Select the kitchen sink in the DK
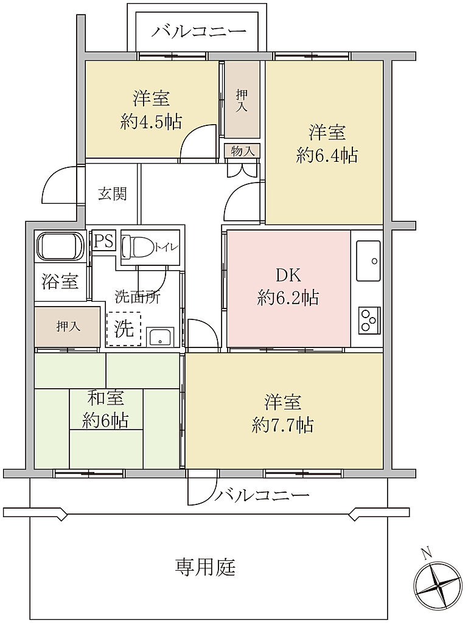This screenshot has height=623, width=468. (368, 260)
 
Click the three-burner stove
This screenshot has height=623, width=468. (370, 320)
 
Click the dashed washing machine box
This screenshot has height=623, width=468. (124, 329)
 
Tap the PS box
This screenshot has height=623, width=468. (104, 241)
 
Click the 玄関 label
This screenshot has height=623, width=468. (113, 194)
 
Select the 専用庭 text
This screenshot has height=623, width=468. (205, 567)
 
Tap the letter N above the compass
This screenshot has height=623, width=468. (426, 554)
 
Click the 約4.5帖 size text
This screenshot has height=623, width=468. (151, 121)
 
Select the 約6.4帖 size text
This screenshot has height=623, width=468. (327, 155)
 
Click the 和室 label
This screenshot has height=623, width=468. (105, 397)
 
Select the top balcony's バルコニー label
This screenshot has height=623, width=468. (199, 32)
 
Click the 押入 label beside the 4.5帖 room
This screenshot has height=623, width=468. (242, 100)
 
